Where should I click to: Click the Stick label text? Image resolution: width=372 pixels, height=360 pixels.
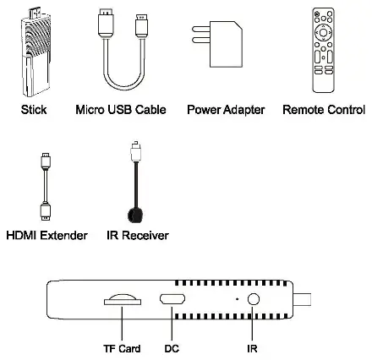(x=33, y=110)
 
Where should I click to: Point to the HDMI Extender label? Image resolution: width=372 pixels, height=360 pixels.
(x=46, y=235)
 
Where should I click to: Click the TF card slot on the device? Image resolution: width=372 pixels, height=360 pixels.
(x=123, y=299)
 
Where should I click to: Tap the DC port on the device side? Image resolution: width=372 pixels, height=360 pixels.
(x=172, y=300)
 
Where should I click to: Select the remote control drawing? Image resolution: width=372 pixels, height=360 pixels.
(x=325, y=51)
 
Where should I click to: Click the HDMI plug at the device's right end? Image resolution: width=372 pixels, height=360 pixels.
(x=309, y=299)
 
